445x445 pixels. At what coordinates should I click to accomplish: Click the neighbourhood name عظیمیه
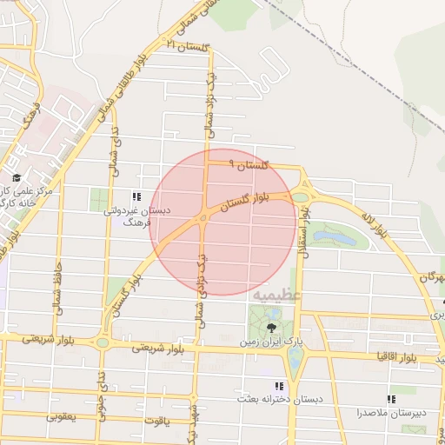pos(277,296)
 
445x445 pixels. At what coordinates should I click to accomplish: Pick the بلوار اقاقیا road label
pos(401,357)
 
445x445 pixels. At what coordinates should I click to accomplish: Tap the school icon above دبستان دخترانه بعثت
pos(279,386)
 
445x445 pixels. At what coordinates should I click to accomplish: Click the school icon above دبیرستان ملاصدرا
pos(391,399)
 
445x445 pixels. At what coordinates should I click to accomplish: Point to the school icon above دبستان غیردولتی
pos(136,196)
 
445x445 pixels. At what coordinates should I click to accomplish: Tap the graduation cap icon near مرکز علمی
pos(17,176)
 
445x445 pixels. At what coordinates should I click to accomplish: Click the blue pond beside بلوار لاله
pos(335,236)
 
